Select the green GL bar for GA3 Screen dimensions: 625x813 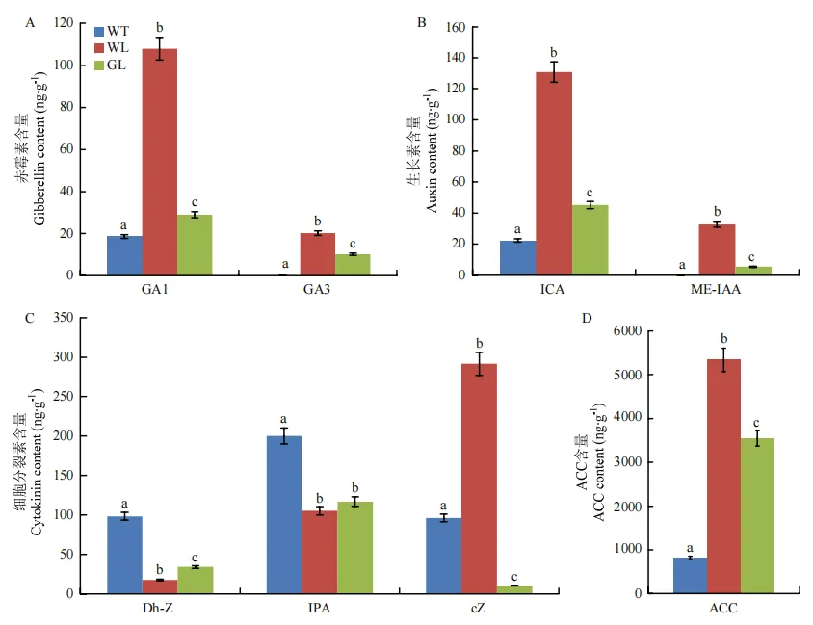coord(353,265)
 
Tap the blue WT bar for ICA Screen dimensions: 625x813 coord(518,258)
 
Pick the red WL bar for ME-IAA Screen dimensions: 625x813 coord(716,250)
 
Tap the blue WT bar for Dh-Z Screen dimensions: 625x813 coord(124,555)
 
